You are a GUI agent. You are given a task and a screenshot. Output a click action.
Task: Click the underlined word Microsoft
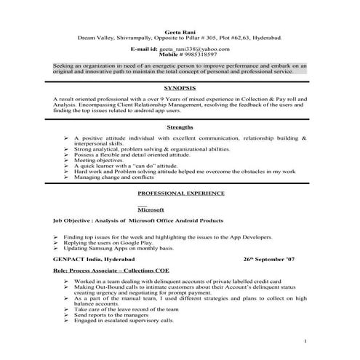151,209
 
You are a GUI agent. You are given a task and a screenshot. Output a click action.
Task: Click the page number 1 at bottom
305,340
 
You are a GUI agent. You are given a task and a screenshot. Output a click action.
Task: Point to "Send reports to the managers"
116,314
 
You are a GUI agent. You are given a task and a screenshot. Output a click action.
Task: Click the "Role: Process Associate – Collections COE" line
111,270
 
